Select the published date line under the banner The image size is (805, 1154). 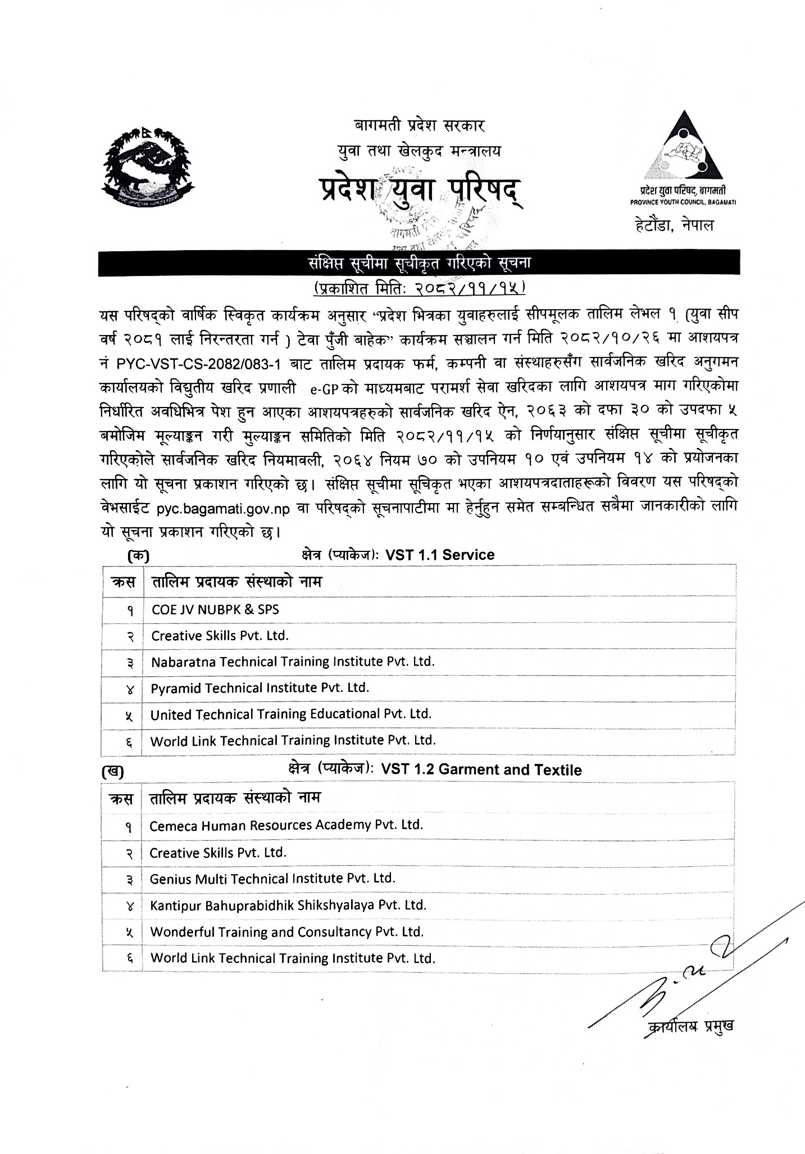point(419,288)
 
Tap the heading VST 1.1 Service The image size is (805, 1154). point(439,555)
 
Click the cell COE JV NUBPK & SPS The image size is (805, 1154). point(215,609)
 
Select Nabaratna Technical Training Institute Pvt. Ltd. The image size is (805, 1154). point(293,662)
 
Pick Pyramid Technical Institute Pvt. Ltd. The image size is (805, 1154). point(260,687)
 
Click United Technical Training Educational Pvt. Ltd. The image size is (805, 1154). point(290,714)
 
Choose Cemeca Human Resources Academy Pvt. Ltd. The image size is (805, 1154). point(286,825)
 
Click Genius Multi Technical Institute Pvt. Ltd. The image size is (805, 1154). point(272,878)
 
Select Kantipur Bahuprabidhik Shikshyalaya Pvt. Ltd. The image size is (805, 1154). point(288,905)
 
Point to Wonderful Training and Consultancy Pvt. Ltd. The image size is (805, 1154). point(286,931)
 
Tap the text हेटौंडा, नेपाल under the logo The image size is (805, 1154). point(671,227)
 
